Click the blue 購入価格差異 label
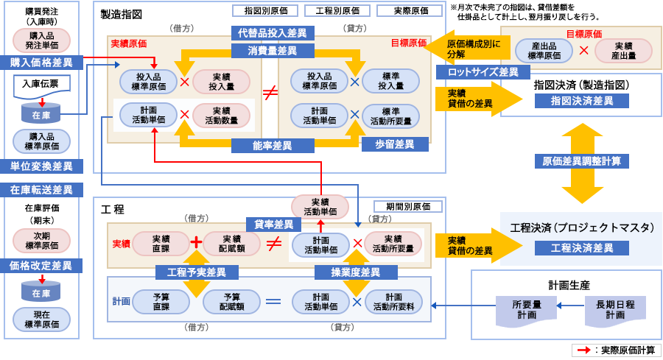point(41,63)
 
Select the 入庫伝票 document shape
point(41,85)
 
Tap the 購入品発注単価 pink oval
point(41,40)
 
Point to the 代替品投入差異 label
point(272,33)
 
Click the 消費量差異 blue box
point(272,51)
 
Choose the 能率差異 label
point(272,146)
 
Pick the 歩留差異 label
point(395,145)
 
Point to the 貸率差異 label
point(273,224)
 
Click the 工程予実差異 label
point(197,272)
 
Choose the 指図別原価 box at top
point(265,11)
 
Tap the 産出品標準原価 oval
point(544,51)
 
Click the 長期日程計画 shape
point(615,309)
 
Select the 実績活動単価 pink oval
point(320,207)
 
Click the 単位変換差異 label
point(41,166)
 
